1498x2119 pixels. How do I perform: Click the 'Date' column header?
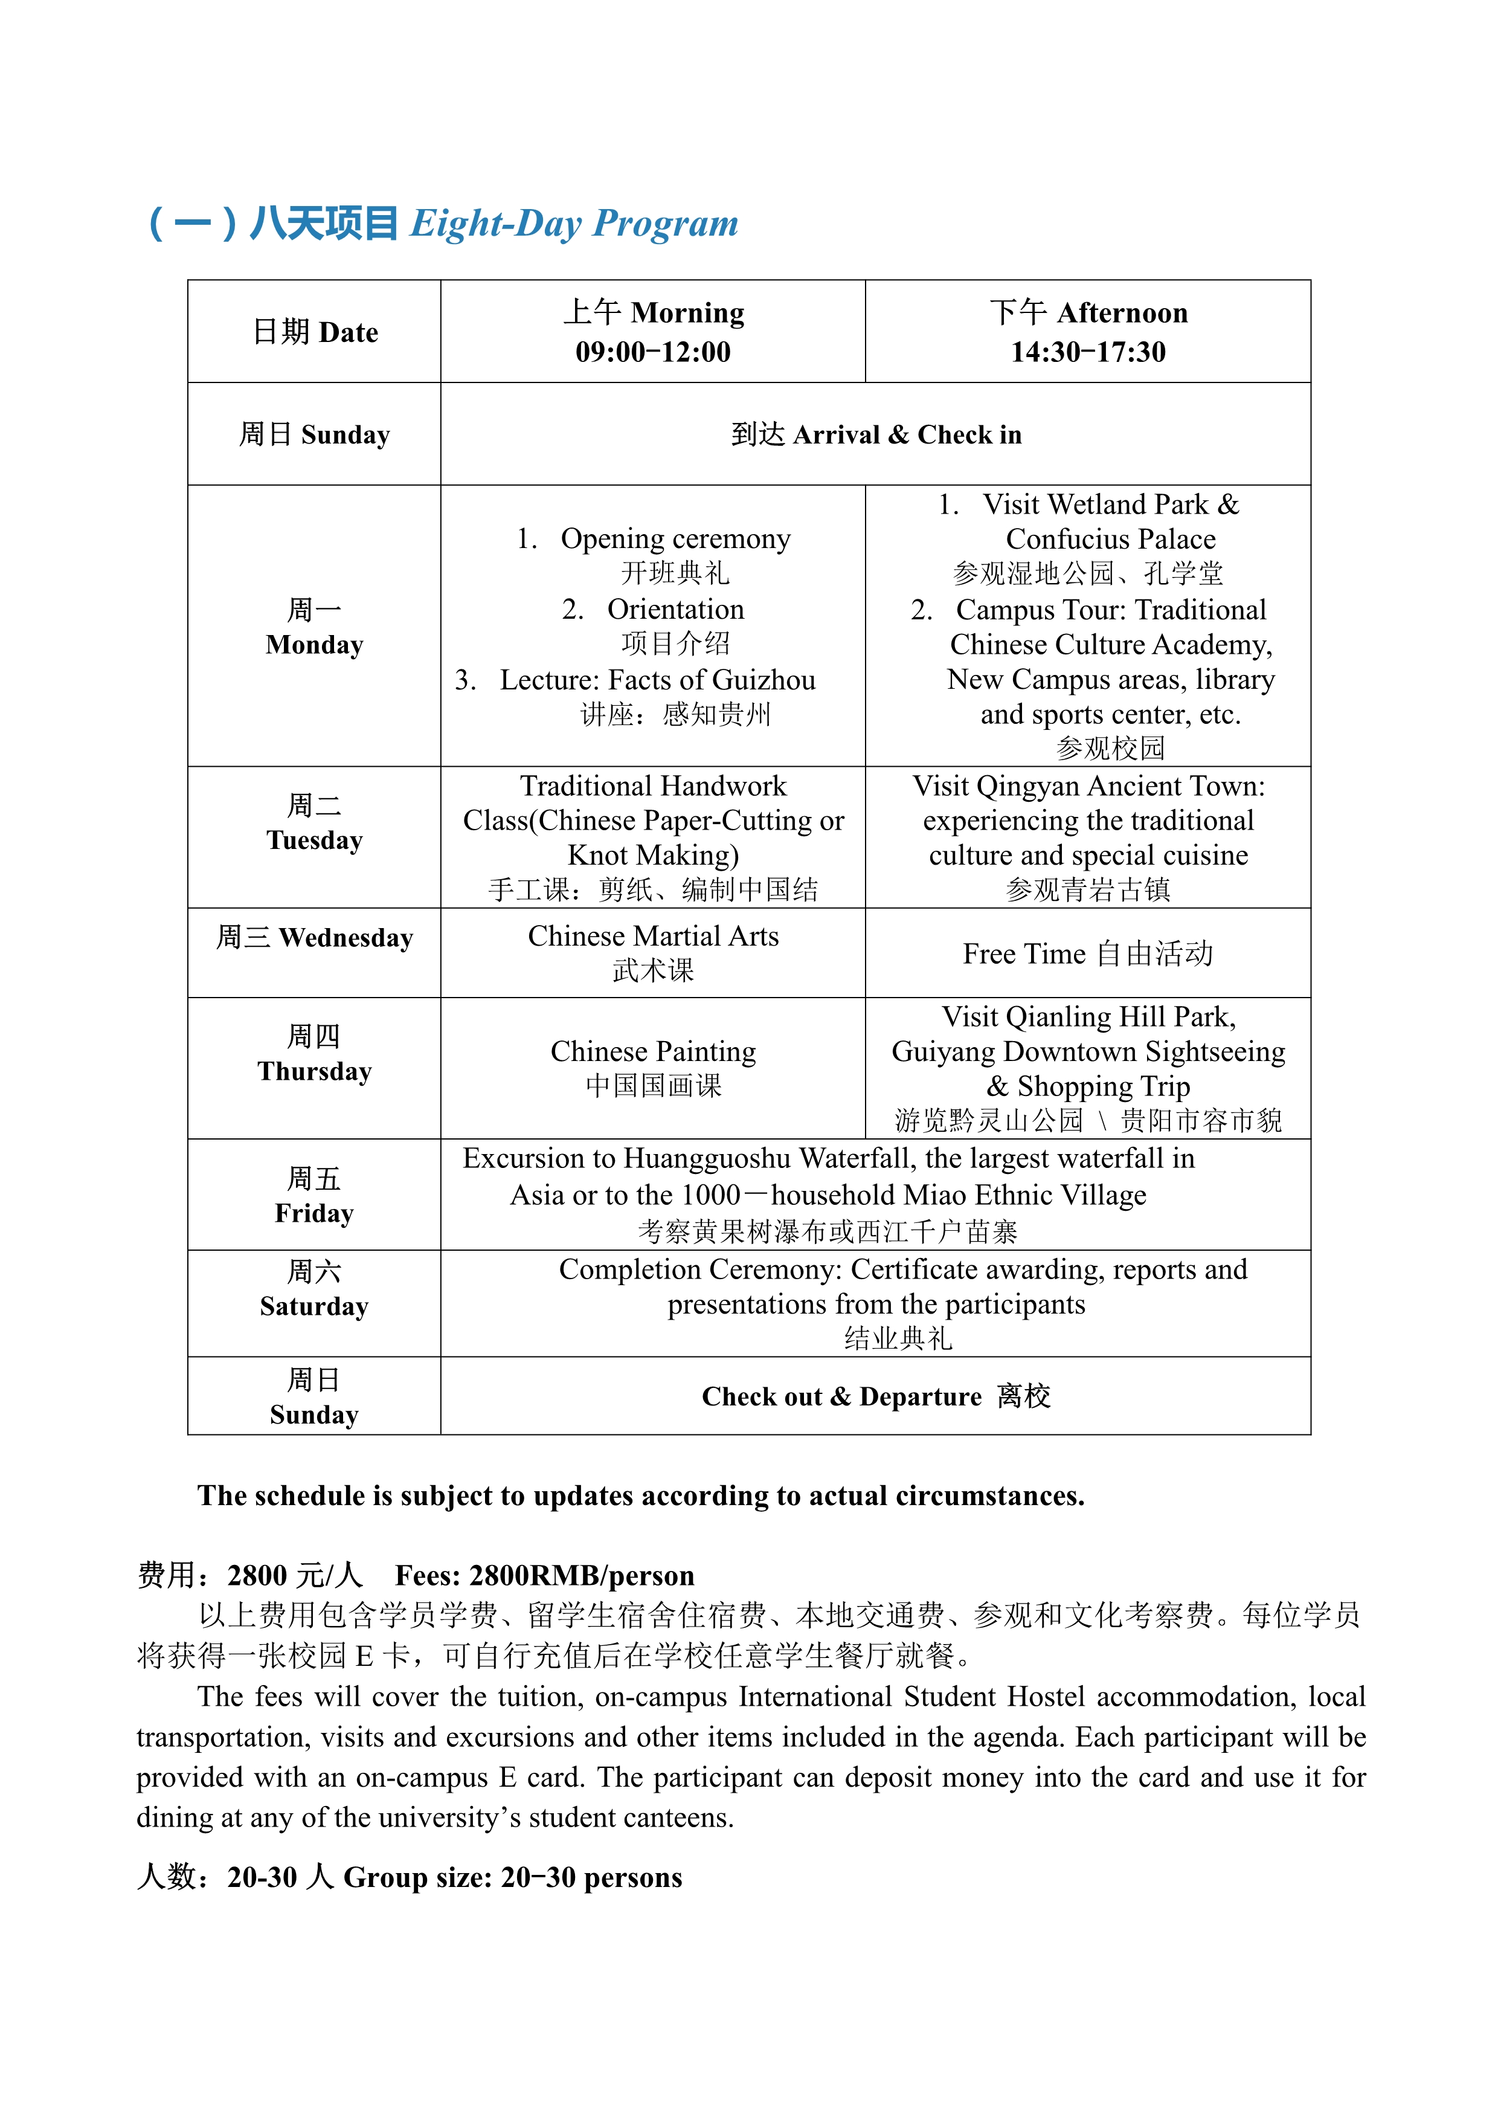[x=348, y=332]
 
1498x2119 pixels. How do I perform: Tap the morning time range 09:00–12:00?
[x=652, y=352]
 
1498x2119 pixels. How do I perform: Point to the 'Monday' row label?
[x=315, y=644]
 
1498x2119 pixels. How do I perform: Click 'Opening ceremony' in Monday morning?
[x=675, y=539]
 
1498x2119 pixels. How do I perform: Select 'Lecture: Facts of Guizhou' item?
[x=657, y=680]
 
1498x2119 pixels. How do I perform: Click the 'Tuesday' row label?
[x=315, y=840]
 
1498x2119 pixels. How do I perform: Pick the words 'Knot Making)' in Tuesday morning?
[x=653, y=856]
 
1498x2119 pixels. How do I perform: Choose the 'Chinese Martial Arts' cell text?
[x=653, y=937]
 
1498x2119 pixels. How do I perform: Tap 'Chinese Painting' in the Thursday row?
[x=653, y=1052]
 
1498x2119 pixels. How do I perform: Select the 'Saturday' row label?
[x=315, y=1307]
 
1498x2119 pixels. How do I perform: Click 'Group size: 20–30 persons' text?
[x=513, y=1878]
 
